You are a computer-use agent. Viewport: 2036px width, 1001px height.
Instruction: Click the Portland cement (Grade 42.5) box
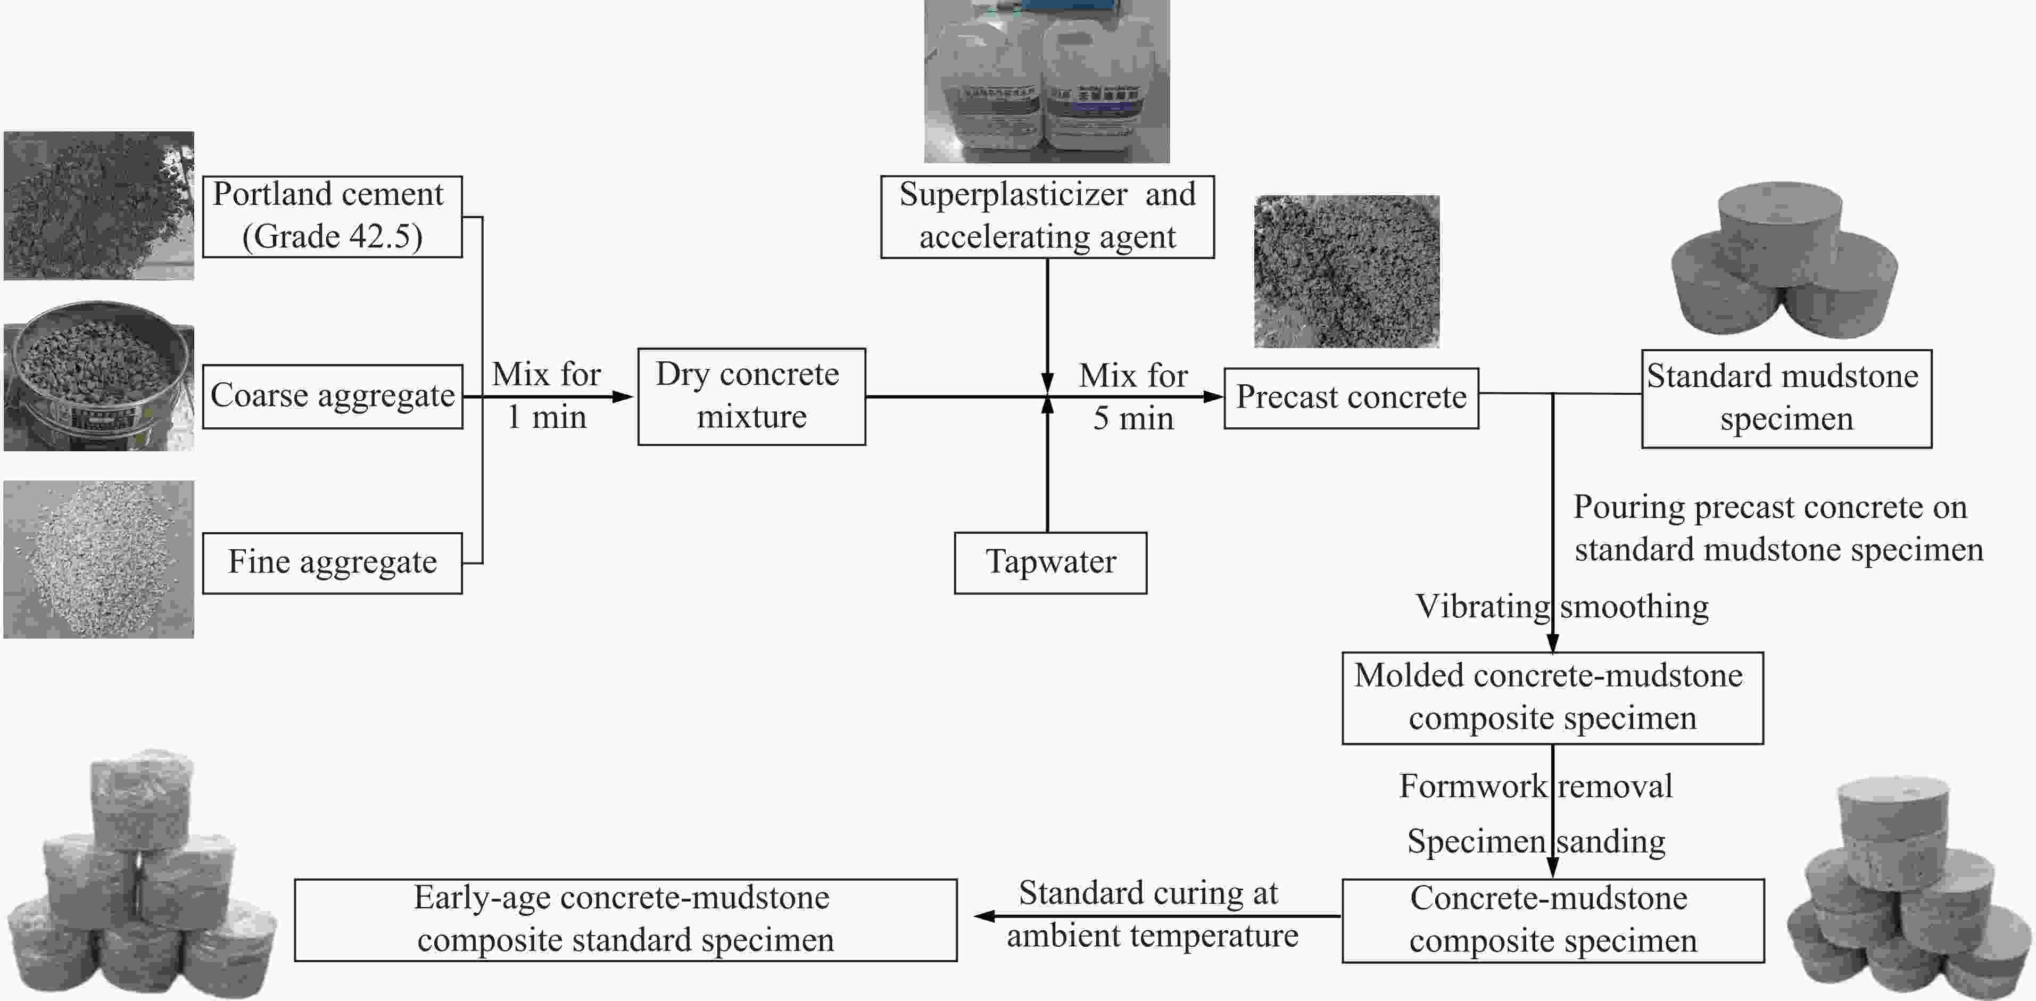point(332,216)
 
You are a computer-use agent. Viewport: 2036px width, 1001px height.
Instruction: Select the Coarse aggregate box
point(332,395)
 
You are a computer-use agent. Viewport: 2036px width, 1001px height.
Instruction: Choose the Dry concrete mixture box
point(751,396)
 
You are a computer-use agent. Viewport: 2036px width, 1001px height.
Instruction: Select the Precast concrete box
point(1351,398)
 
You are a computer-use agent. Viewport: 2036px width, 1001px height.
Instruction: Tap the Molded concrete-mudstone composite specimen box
point(1552,697)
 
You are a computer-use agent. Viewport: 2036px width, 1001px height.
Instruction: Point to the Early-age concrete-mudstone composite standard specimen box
point(625,920)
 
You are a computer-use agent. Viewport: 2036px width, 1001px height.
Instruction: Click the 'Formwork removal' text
point(1535,786)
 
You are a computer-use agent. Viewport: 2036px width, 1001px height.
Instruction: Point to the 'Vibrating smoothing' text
point(1561,607)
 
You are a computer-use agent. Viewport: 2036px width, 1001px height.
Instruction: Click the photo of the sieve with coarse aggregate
point(98,376)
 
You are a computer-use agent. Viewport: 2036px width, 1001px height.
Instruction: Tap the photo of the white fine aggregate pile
point(98,558)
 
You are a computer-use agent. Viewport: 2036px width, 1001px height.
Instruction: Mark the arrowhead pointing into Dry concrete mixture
point(624,396)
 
